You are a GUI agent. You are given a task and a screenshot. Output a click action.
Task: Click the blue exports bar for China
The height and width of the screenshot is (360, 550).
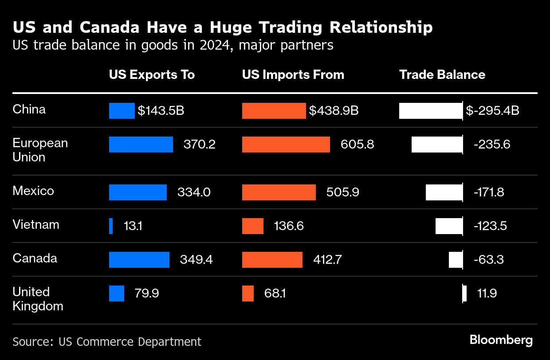[x=122, y=111]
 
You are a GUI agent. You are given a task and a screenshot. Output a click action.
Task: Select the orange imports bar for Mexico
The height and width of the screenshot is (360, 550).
[x=279, y=192]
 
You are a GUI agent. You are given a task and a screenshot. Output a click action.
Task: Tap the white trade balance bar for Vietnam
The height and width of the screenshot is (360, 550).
[x=449, y=226]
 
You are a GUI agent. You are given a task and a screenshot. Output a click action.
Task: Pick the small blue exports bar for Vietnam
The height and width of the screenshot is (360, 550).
[x=111, y=226]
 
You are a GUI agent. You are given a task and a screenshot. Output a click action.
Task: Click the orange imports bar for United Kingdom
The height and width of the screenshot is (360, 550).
[x=248, y=293]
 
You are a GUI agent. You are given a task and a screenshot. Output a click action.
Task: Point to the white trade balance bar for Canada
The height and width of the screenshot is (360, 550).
[x=456, y=260]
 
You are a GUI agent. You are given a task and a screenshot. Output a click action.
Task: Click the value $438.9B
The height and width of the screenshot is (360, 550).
[x=334, y=111]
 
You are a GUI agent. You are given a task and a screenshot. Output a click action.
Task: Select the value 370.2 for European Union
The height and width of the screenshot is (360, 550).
[x=199, y=145]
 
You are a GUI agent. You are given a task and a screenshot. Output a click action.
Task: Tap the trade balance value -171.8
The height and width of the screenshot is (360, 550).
[x=489, y=192]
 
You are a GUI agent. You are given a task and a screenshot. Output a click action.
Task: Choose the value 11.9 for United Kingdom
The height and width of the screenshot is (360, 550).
[x=487, y=293]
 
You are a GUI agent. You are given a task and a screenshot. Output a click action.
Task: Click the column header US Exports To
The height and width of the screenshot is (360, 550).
[x=152, y=74]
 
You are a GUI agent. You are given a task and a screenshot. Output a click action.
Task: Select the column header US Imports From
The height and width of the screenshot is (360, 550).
[x=293, y=74]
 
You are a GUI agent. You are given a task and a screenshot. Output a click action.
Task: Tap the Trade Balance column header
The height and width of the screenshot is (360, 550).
[x=442, y=74]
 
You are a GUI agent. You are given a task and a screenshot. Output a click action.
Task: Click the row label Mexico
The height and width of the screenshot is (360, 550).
[x=33, y=191]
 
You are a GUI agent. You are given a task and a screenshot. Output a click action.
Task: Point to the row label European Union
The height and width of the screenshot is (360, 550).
[x=40, y=150]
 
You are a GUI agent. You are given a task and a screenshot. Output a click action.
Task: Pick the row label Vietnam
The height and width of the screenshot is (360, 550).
[x=35, y=225]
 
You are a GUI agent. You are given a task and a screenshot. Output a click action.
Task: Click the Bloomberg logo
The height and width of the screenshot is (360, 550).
[x=501, y=340]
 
